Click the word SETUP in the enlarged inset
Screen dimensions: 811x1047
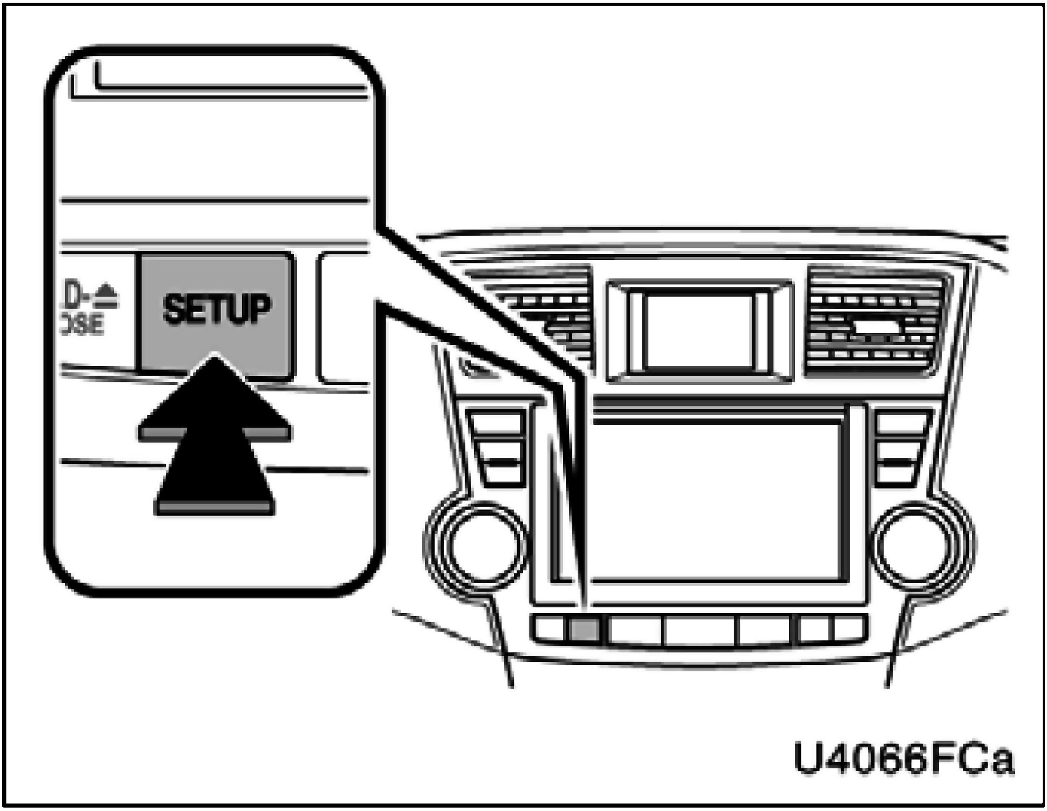point(217,309)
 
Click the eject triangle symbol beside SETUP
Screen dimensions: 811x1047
point(107,290)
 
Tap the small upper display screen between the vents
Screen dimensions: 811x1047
point(699,331)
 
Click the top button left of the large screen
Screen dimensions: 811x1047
point(496,422)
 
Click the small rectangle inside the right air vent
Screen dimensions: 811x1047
point(876,327)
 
